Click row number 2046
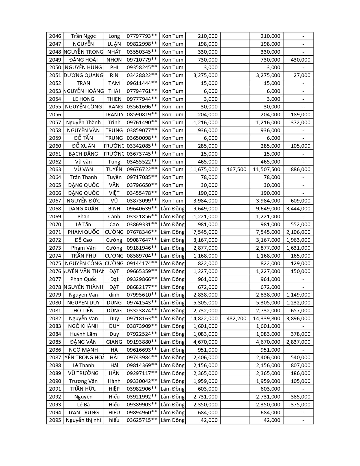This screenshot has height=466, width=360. pyautogui.click(x=55, y=36)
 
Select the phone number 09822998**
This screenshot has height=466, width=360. pyautogui.click(x=142, y=44)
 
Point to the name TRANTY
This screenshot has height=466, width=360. pyautogui.click(x=114, y=115)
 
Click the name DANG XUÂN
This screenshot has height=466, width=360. pyautogui.click(x=83, y=209)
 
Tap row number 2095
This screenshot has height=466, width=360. pyautogui.click(x=55, y=420)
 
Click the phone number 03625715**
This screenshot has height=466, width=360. pyautogui.click(x=142, y=420)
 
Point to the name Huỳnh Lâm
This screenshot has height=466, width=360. pyautogui.click(x=83, y=334)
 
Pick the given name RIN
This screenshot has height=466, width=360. pyautogui.click(x=114, y=75)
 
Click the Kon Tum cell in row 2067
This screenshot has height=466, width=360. pyautogui.click(x=173, y=201)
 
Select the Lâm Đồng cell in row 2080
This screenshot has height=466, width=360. pyautogui.click(x=173, y=303)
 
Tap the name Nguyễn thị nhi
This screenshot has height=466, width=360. pyautogui.click(x=83, y=420)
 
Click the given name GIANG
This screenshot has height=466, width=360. pyautogui.click(x=114, y=342)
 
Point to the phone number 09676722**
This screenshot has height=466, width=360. pyautogui.click(x=142, y=169)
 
